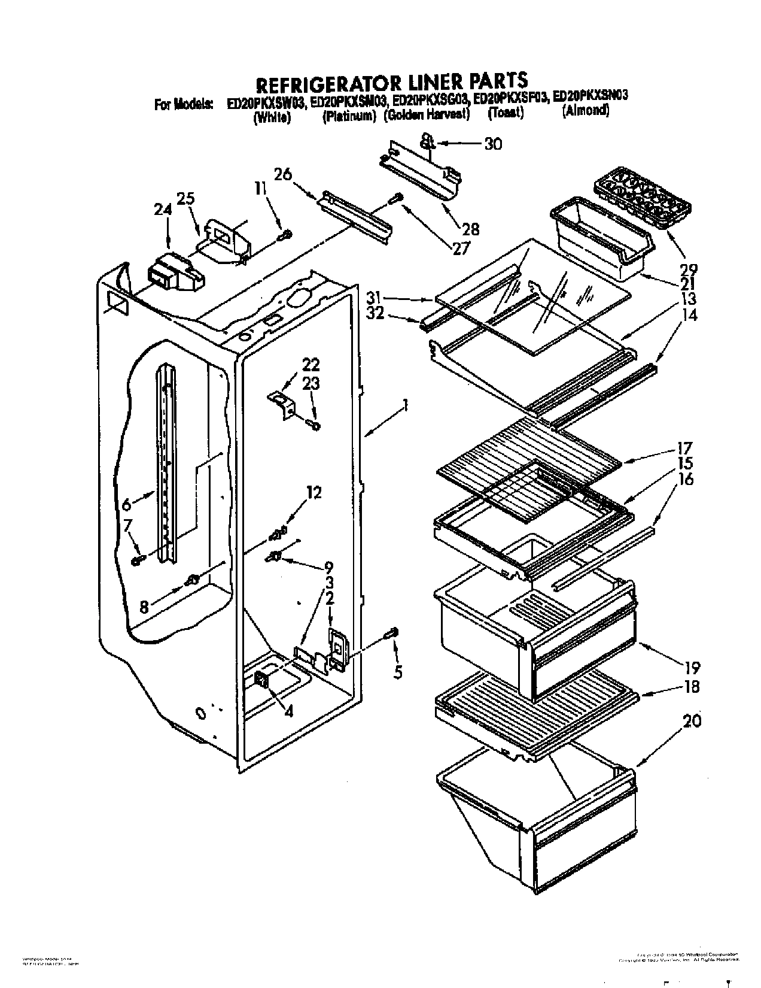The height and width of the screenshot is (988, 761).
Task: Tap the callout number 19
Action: [x=692, y=667]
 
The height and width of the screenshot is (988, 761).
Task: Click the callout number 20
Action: [x=692, y=722]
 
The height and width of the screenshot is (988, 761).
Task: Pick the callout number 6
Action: [x=126, y=505]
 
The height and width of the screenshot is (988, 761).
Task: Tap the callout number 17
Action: [x=684, y=447]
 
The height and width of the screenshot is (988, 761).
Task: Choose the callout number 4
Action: [x=289, y=713]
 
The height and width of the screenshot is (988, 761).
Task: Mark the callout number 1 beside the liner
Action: [x=405, y=407]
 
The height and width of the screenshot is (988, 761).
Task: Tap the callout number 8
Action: [x=144, y=607]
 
